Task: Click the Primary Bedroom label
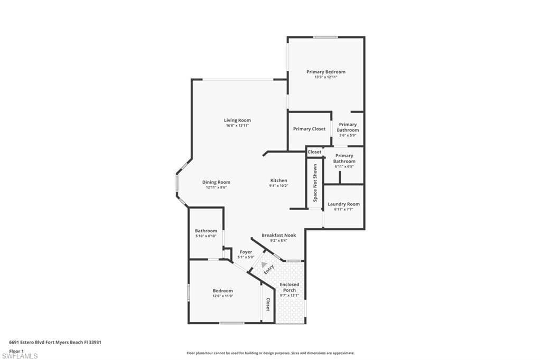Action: pos(325,72)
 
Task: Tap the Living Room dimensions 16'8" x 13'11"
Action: pos(237,126)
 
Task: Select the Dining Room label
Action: pos(216,182)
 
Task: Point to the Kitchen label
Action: pos(279,181)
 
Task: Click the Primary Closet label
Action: pos(309,129)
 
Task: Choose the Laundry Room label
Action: pos(343,204)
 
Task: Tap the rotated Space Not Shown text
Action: pos(315,183)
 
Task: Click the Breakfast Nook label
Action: pos(279,235)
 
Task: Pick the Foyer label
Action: pos(246,252)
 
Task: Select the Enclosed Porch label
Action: pos(290,287)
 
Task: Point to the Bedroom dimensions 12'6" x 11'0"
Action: pos(223,296)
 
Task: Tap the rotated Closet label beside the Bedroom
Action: pos(268,304)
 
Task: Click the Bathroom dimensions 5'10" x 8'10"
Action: pos(206,236)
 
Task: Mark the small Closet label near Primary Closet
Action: pos(314,151)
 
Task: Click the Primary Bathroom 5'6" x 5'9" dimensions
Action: pos(348,135)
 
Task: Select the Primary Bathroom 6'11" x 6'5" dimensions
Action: pos(344,166)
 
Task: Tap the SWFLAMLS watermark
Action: pos(20,356)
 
